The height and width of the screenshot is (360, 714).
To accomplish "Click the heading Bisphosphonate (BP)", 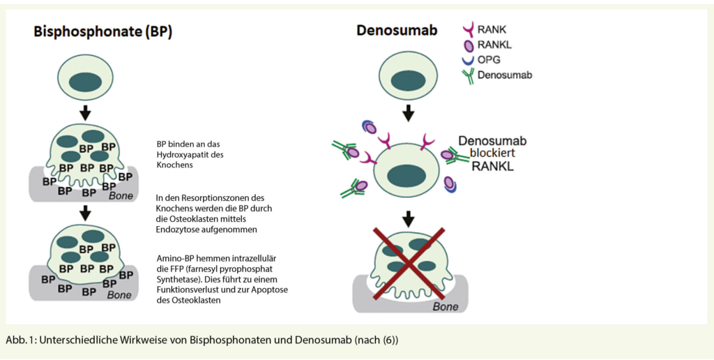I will coord(103,32).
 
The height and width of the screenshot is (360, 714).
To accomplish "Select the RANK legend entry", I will coord(492,29).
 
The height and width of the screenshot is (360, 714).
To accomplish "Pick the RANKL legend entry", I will coord(494,45).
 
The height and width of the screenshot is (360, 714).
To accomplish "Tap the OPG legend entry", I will coord(489,59).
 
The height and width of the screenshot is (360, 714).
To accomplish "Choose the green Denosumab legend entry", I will coord(504,75).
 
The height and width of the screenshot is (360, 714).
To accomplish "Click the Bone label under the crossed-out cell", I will coord(445,306).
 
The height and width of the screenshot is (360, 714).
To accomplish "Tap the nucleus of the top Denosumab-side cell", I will coord(408,80).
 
